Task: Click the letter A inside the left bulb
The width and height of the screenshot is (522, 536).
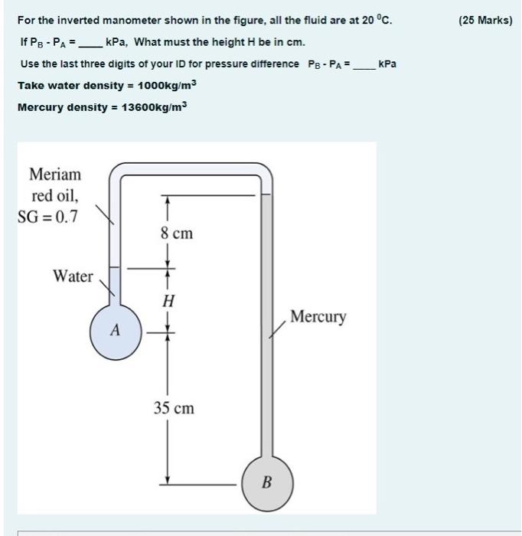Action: click(115, 331)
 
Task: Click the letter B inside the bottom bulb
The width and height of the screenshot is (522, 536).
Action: click(267, 482)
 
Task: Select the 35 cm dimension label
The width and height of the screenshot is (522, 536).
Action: click(174, 408)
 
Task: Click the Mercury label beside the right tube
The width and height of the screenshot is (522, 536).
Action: click(318, 316)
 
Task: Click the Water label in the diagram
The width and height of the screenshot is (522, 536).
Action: click(73, 276)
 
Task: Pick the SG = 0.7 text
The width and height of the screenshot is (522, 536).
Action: click(47, 217)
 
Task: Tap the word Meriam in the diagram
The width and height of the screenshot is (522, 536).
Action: click(54, 175)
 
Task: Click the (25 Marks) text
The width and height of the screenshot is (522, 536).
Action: click(485, 20)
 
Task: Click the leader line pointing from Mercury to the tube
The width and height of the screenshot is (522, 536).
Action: click(276, 328)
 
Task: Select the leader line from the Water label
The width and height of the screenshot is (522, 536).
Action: click(109, 286)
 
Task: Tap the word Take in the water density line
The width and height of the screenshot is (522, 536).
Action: click(30, 86)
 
